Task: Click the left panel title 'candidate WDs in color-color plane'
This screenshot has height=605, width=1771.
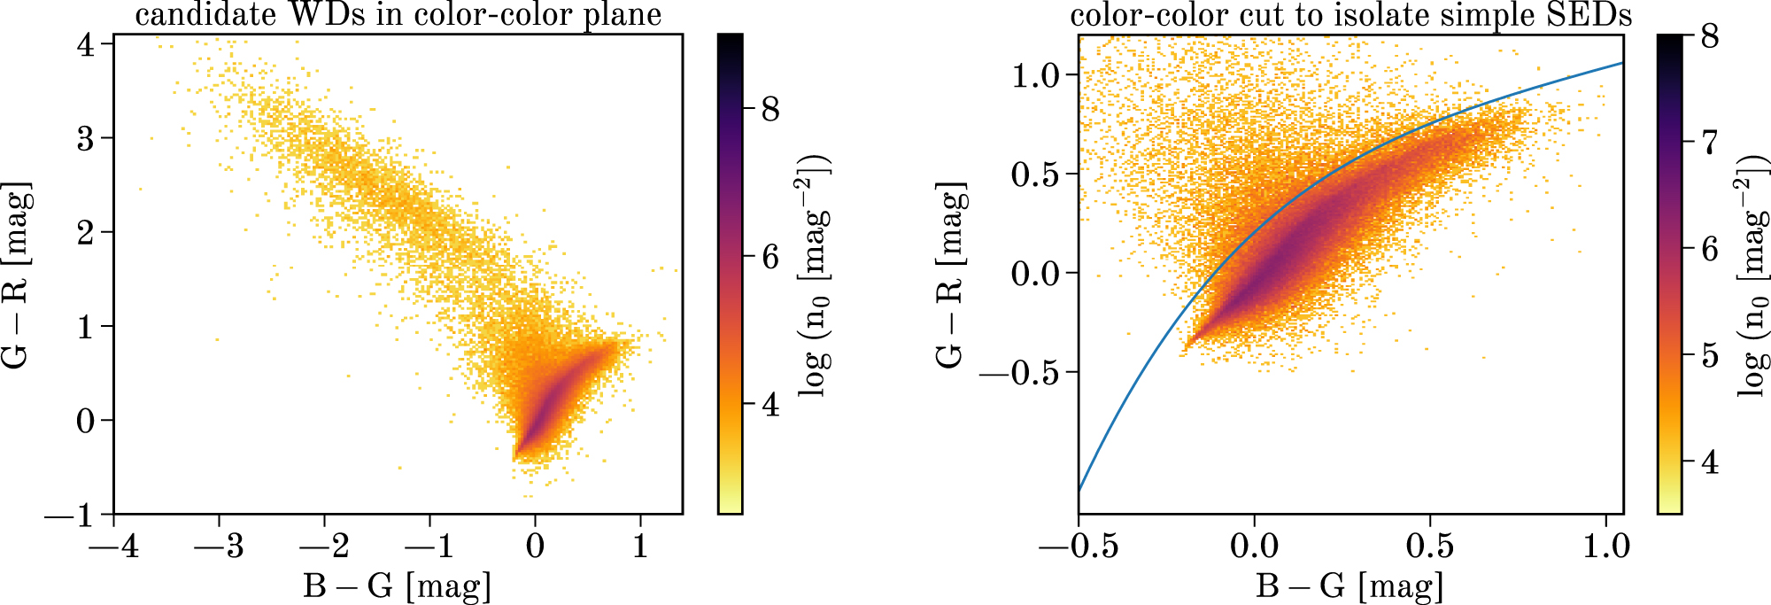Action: click(x=398, y=15)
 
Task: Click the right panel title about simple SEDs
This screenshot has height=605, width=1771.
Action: click(x=1351, y=15)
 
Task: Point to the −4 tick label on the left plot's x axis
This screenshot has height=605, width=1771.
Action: click(x=113, y=546)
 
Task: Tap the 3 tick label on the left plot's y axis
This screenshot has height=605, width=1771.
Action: click(x=85, y=138)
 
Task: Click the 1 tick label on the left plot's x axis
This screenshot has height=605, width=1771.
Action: click(x=640, y=546)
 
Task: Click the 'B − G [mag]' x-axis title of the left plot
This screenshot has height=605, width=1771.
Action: click(x=397, y=586)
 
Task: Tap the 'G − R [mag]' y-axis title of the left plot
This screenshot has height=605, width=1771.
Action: click(x=17, y=275)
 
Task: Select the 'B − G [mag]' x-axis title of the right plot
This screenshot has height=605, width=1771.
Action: click(x=1350, y=586)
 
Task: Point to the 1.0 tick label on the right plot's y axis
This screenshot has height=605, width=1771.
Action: click(x=1035, y=75)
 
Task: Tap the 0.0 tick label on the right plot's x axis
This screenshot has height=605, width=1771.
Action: click(x=1254, y=546)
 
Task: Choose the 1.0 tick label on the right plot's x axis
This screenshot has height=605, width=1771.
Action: click(x=1605, y=546)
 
